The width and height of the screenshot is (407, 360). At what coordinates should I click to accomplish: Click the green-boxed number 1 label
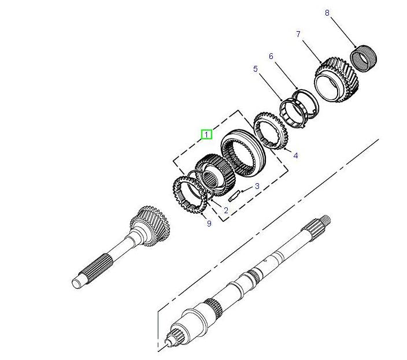(x=206, y=135)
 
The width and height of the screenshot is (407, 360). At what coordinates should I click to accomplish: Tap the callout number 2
(x=226, y=210)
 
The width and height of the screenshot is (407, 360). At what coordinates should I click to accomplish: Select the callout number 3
(x=257, y=186)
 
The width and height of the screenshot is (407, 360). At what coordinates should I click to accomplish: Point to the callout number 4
(x=295, y=155)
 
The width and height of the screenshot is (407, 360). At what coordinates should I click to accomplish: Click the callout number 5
(x=256, y=69)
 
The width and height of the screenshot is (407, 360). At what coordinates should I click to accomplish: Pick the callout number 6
(x=271, y=56)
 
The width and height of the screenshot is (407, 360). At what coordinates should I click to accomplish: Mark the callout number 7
(x=298, y=34)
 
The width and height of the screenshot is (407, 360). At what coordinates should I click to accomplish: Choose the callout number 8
(x=327, y=12)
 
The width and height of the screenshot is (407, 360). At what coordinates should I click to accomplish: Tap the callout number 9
(x=209, y=223)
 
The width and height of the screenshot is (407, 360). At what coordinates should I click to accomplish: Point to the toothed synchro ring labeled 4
(x=272, y=132)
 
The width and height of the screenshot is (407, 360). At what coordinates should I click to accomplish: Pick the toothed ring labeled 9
(x=190, y=194)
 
